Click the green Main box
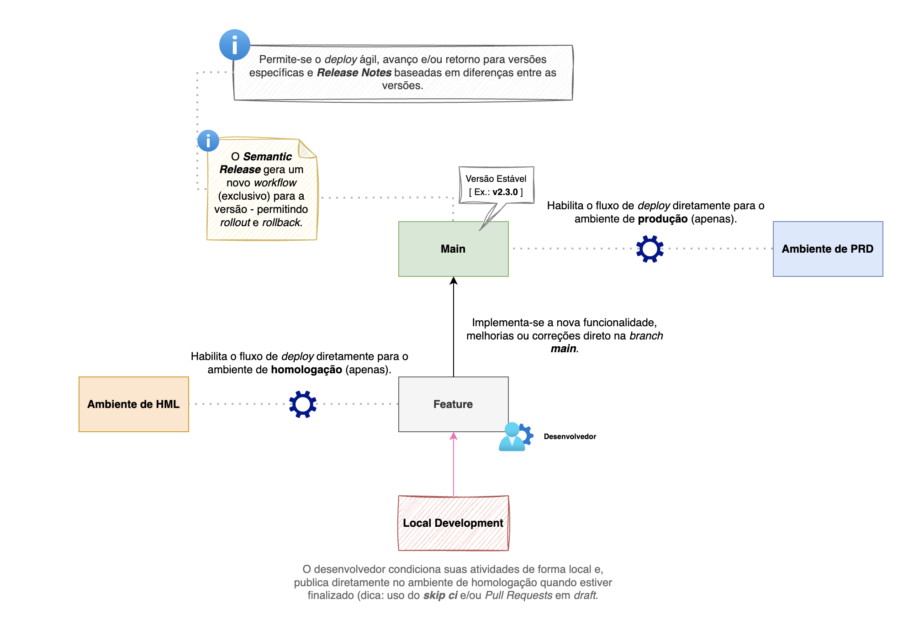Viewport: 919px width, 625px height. coord(453,249)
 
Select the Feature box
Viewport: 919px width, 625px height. coord(453,404)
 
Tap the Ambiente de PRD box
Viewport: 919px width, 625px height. coord(828,249)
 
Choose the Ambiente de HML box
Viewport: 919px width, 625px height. coord(133,404)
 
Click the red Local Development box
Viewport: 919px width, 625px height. coord(453,523)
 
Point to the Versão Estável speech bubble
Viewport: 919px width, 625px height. coord(496,185)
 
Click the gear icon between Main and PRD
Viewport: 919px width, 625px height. coord(650,249)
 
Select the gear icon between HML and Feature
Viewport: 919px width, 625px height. coord(303,404)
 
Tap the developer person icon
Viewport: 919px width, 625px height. coord(515,437)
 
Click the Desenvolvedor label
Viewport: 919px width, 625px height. coord(570,437)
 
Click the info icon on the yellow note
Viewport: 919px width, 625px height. coord(208,141)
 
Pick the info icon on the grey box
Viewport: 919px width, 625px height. coord(235,45)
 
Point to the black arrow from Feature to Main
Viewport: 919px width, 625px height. coord(454,327)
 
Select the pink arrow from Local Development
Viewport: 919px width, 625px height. coord(454,464)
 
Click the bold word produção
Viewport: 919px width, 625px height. coord(663,219)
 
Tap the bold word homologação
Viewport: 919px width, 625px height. coord(306,370)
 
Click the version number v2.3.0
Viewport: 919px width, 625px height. coord(505,192)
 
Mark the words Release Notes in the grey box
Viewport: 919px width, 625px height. coord(354,73)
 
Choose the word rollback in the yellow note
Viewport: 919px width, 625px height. coord(281,222)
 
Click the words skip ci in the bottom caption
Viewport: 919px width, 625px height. coord(440,596)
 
